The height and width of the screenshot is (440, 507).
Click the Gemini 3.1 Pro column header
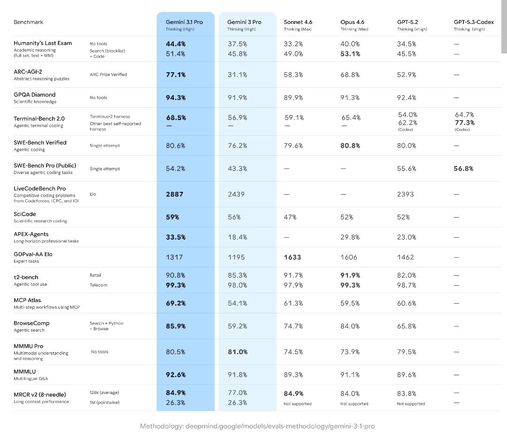point(184,22)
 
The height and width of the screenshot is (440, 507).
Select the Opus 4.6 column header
point(352,22)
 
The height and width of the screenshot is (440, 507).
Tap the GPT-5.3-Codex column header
point(474,22)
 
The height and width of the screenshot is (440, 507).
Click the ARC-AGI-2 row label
point(28,72)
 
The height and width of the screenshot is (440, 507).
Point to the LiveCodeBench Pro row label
point(39,189)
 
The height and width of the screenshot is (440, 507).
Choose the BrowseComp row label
point(31,323)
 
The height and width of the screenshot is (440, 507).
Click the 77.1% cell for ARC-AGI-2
point(176,75)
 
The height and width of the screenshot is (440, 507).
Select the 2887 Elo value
point(175,194)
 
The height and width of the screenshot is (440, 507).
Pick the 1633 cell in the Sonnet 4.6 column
point(292,257)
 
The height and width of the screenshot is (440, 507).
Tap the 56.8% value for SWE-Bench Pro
point(463,168)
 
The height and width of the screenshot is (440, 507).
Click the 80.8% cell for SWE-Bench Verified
point(350,145)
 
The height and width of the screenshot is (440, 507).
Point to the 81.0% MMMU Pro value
point(238,352)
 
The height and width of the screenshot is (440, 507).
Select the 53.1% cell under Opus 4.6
point(350,54)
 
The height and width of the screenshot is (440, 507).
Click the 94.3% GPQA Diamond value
point(176,98)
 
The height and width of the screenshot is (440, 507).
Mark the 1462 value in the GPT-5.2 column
point(406,257)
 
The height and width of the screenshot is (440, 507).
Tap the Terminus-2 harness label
point(110,116)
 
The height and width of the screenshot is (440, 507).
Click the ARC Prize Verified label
point(108,75)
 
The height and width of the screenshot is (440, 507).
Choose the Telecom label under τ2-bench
point(98,285)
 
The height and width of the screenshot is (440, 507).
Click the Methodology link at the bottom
point(257,426)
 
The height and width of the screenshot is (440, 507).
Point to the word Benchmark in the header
point(28,22)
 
